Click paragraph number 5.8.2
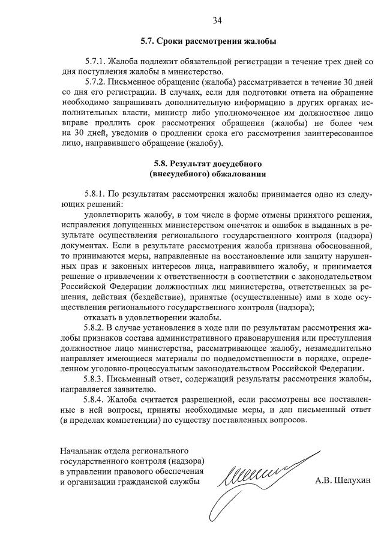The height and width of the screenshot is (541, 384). pyautogui.click(x=95, y=327)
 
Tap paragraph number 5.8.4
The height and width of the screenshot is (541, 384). pyautogui.click(x=95, y=399)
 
